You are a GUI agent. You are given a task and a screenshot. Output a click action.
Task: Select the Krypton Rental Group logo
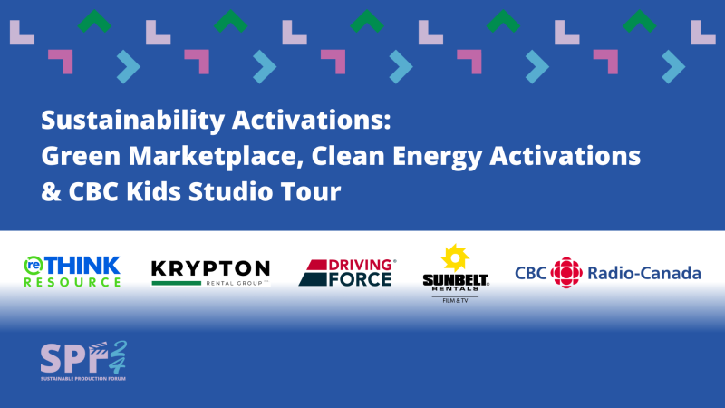tap(210, 273)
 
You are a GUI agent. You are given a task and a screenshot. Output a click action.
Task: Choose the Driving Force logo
tap(347, 272)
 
